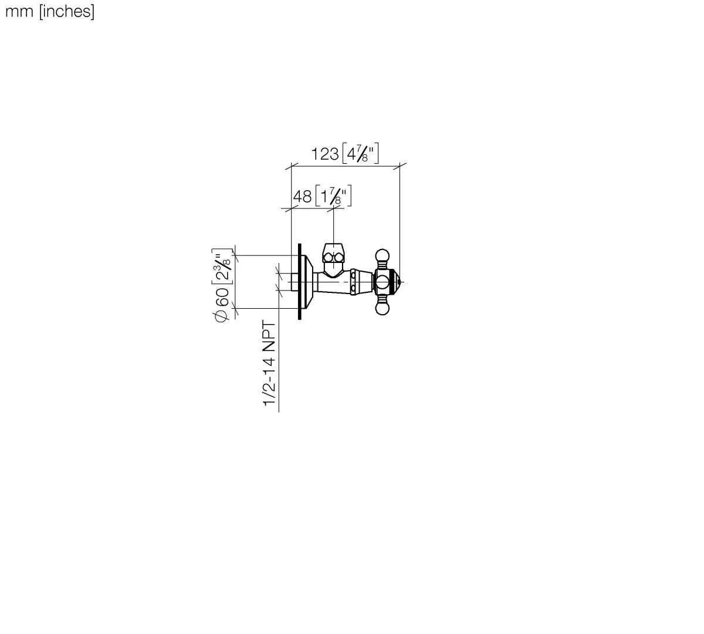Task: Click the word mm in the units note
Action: [19, 11]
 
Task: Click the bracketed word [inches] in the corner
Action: [66, 11]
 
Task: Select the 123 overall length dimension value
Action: [324, 154]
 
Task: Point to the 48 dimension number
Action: [302, 196]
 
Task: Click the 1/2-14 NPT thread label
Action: [269, 363]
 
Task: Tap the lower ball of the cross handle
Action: [382, 309]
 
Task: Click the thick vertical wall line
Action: [300, 282]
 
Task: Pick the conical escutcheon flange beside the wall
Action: [307, 282]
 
